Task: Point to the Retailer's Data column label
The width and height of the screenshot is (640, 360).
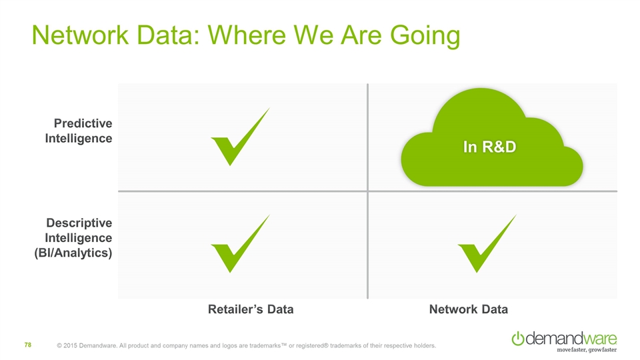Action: (251, 309)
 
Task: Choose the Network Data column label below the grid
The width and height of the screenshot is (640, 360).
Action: (469, 309)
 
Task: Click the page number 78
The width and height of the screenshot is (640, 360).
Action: (28, 345)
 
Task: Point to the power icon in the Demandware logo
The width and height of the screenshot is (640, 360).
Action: (518, 339)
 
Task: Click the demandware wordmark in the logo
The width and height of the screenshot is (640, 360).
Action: (571, 338)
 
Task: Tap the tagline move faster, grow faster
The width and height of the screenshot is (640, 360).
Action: (587, 350)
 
